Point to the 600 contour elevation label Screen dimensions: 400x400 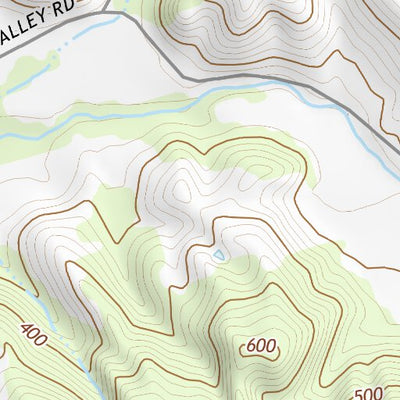pyautogui.click(x=260, y=347)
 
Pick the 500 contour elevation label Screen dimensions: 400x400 pyautogui.click(x=369, y=392)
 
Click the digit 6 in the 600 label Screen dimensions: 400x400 pyautogui.click(x=250, y=347)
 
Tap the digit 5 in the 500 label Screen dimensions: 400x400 pyautogui.click(x=360, y=392)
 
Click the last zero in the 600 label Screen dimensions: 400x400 pyautogui.click(x=270, y=347)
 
